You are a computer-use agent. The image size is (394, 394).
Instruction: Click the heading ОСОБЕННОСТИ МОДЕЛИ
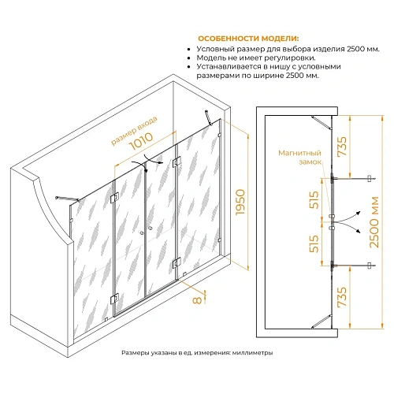(x=248, y=39)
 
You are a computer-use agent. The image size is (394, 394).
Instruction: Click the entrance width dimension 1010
(x=141, y=141)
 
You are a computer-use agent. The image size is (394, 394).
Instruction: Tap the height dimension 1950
(x=240, y=203)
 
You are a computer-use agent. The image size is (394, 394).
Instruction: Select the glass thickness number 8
(x=197, y=300)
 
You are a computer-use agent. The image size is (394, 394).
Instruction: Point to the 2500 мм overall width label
(x=374, y=222)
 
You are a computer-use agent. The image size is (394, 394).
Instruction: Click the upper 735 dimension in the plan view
(x=342, y=147)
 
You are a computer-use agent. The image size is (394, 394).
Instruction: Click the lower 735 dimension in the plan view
(x=342, y=297)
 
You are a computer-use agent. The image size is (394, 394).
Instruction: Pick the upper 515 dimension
(x=314, y=200)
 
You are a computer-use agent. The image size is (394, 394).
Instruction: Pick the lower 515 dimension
(x=314, y=243)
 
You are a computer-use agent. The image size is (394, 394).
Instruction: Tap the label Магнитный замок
(x=300, y=158)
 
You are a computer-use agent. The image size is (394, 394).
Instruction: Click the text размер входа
(x=135, y=131)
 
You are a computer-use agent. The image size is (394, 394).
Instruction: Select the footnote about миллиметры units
(x=197, y=353)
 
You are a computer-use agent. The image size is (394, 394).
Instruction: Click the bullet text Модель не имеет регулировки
(x=256, y=58)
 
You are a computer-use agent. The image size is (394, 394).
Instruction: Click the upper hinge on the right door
(x=177, y=162)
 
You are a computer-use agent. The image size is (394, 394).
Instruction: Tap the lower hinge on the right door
(x=177, y=263)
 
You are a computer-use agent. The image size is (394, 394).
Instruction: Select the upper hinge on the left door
(x=115, y=198)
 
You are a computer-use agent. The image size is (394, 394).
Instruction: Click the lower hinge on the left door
(x=115, y=299)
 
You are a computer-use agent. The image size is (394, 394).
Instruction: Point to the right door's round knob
(x=151, y=229)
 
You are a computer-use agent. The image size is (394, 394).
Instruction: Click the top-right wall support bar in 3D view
(x=209, y=117)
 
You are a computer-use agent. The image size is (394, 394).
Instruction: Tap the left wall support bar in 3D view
(x=68, y=199)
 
